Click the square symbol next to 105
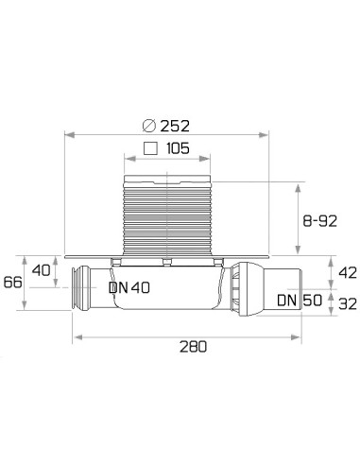pyautogui.click(x=149, y=149)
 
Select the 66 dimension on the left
pyautogui.click(x=12, y=283)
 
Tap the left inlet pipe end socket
pyautogui.click(x=78, y=289)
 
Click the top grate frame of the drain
pyautogui.click(x=165, y=177)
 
